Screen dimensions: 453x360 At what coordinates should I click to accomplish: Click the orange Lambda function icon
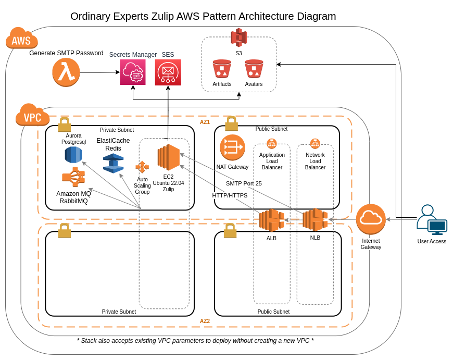(x=66, y=72)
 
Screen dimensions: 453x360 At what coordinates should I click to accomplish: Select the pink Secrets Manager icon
(x=133, y=72)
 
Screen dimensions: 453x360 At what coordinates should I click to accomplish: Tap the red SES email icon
(x=168, y=72)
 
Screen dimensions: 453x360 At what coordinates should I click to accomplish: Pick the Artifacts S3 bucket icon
(x=222, y=69)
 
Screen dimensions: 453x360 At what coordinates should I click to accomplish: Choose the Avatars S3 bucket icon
(x=254, y=69)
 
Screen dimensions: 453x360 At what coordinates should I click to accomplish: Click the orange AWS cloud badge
(x=22, y=38)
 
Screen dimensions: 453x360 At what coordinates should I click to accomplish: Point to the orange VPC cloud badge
(x=32, y=115)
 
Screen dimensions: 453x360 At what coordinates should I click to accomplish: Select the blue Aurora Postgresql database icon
(x=73, y=155)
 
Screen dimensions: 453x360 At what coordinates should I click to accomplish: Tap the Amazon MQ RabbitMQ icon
(x=73, y=177)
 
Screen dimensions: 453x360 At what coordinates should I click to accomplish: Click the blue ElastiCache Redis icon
(x=114, y=164)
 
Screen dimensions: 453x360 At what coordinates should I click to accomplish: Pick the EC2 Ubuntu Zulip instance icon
(x=168, y=157)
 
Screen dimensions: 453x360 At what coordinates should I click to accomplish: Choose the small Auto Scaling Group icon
(x=142, y=167)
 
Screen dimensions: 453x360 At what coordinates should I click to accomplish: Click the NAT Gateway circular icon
(x=233, y=147)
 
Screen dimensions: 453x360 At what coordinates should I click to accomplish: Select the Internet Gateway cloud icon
(x=371, y=219)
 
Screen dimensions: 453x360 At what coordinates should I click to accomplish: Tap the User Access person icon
(x=432, y=220)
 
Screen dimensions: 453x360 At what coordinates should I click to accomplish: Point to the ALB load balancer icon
(x=272, y=220)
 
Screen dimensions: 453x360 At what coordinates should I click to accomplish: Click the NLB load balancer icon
(x=315, y=220)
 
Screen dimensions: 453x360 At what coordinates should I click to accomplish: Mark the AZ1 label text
(x=205, y=122)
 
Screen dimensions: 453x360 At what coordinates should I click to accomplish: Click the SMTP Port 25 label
(x=244, y=183)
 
